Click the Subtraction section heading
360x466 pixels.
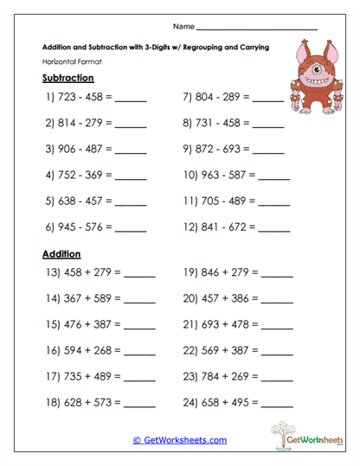67,78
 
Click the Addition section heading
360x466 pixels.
61,254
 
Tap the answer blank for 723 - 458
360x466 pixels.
130,101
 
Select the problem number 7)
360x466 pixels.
189,98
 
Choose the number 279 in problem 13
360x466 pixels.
103,273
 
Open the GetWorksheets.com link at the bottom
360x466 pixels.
180,440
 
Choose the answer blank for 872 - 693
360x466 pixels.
267,150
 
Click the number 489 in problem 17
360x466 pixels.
103,377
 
